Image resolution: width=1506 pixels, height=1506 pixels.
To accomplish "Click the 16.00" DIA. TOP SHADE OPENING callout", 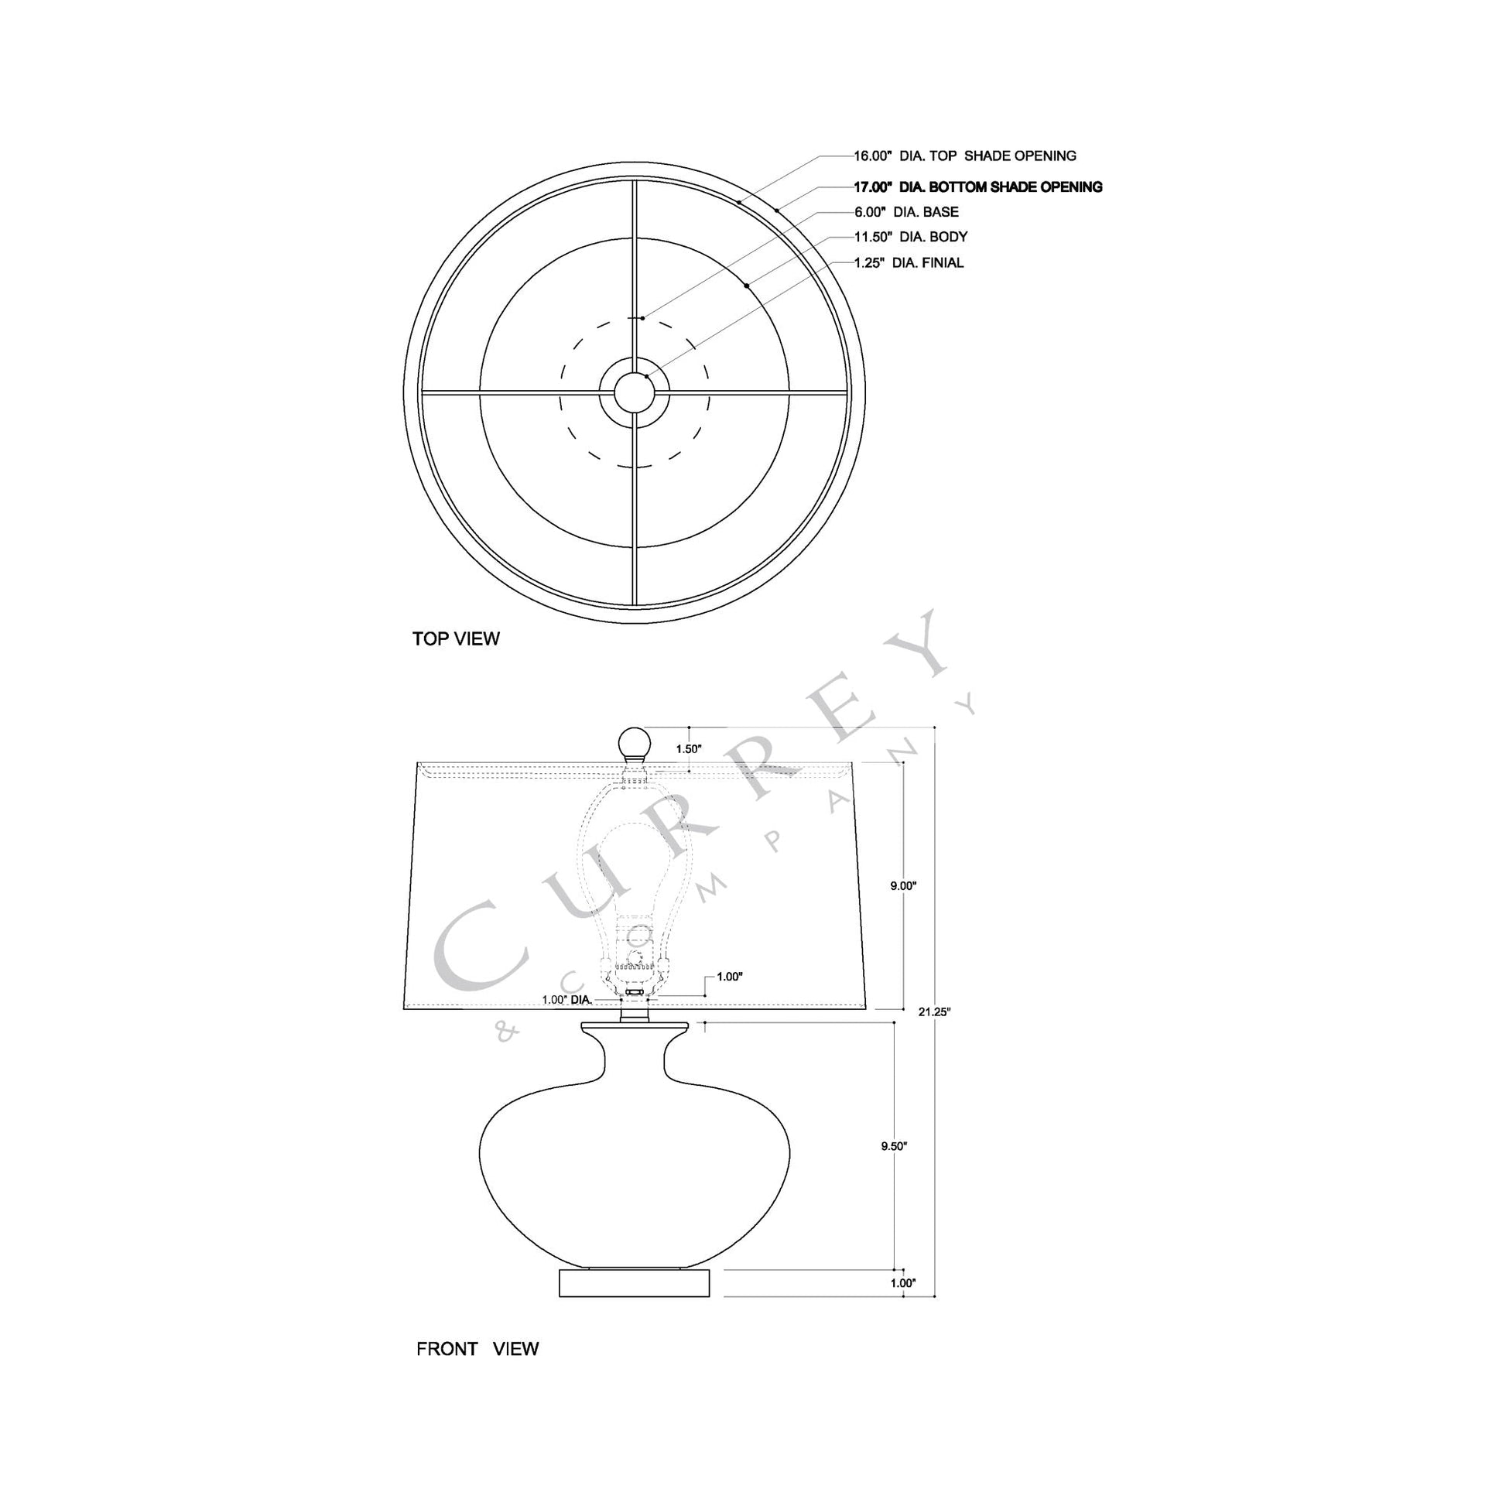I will [x=965, y=156].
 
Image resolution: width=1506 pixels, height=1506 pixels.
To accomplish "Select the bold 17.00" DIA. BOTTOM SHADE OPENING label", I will [x=977, y=187].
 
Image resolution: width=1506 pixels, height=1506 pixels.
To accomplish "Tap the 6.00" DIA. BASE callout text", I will [x=905, y=212].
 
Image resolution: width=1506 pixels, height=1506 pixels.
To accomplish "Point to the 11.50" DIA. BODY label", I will [x=910, y=237].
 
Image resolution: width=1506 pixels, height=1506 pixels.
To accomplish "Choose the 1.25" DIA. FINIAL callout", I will [x=908, y=262].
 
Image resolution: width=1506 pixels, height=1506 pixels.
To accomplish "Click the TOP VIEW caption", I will [x=456, y=639].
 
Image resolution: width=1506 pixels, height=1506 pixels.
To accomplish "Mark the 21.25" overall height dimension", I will [x=934, y=1011].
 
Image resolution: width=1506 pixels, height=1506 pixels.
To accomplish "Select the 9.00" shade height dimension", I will [x=902, y=885].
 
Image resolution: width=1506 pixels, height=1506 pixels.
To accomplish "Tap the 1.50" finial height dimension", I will [x=689, y=748].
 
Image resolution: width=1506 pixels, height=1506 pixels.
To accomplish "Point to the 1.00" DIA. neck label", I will [x=566, y=999].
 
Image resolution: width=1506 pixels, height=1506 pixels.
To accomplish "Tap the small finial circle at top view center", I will [x=635, y=392].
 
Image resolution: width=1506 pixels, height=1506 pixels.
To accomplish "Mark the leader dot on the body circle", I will [x=746, y=286].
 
